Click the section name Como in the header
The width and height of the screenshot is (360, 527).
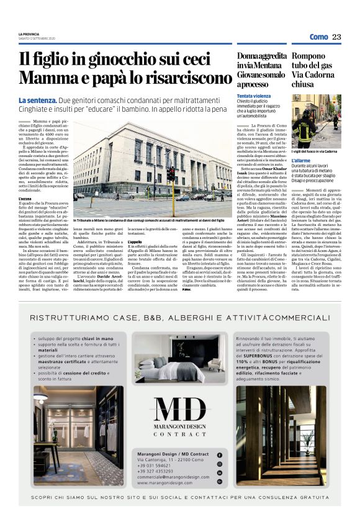click(x=318, y=37)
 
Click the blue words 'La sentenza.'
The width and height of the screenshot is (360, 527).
click(x=38, y=101)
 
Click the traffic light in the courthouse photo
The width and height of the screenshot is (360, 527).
click(x=171, y=174)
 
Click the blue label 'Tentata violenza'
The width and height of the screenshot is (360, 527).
click(x=253, y=97)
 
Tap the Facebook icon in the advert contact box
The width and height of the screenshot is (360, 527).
click(x=219, y=455)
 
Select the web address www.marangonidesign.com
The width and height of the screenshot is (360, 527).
click(x=164, y=482)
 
